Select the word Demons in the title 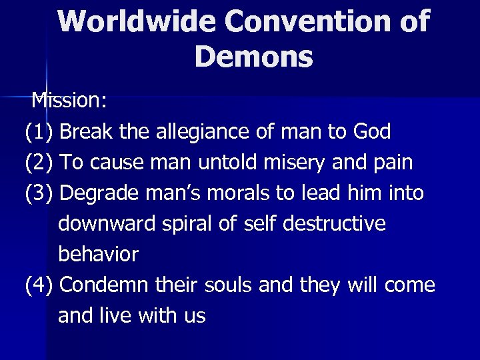point(254,57)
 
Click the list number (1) point(39,132)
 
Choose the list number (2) point(39,163)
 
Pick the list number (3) point(39,193)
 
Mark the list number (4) point(39,285)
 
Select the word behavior point(99,254)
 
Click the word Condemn point(109,285)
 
